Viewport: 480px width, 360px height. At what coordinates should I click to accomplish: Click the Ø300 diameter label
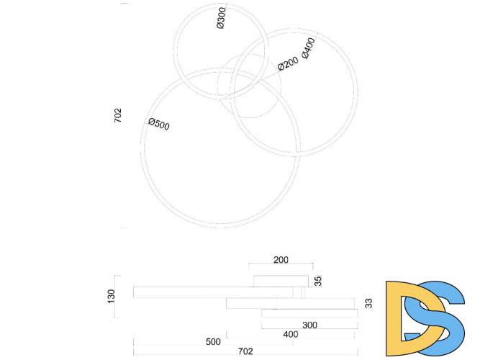pos(220,18)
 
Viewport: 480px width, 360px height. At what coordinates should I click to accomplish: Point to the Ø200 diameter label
pos(288,64)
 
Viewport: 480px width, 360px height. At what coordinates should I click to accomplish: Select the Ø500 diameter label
pos(159,124)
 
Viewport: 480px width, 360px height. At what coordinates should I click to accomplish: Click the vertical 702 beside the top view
pos(118,116)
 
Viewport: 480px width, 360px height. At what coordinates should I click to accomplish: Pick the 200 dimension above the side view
pos(281,261)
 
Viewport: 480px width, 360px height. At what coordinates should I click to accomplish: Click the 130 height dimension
pos(111,295)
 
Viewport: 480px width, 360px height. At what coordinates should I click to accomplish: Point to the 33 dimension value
pos(368,304)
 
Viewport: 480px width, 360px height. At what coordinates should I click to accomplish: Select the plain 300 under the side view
pos(309,325)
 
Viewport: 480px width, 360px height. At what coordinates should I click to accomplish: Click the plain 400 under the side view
pos(290,334)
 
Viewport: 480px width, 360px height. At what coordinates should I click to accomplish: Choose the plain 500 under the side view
pos(212,342)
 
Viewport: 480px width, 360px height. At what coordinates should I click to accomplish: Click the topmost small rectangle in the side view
pos(281,280)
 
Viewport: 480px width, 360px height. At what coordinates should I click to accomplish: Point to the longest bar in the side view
pos(213,292)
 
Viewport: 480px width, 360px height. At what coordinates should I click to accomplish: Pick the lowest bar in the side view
pos(309,313)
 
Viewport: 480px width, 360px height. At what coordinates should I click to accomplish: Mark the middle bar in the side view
pos(290,303)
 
